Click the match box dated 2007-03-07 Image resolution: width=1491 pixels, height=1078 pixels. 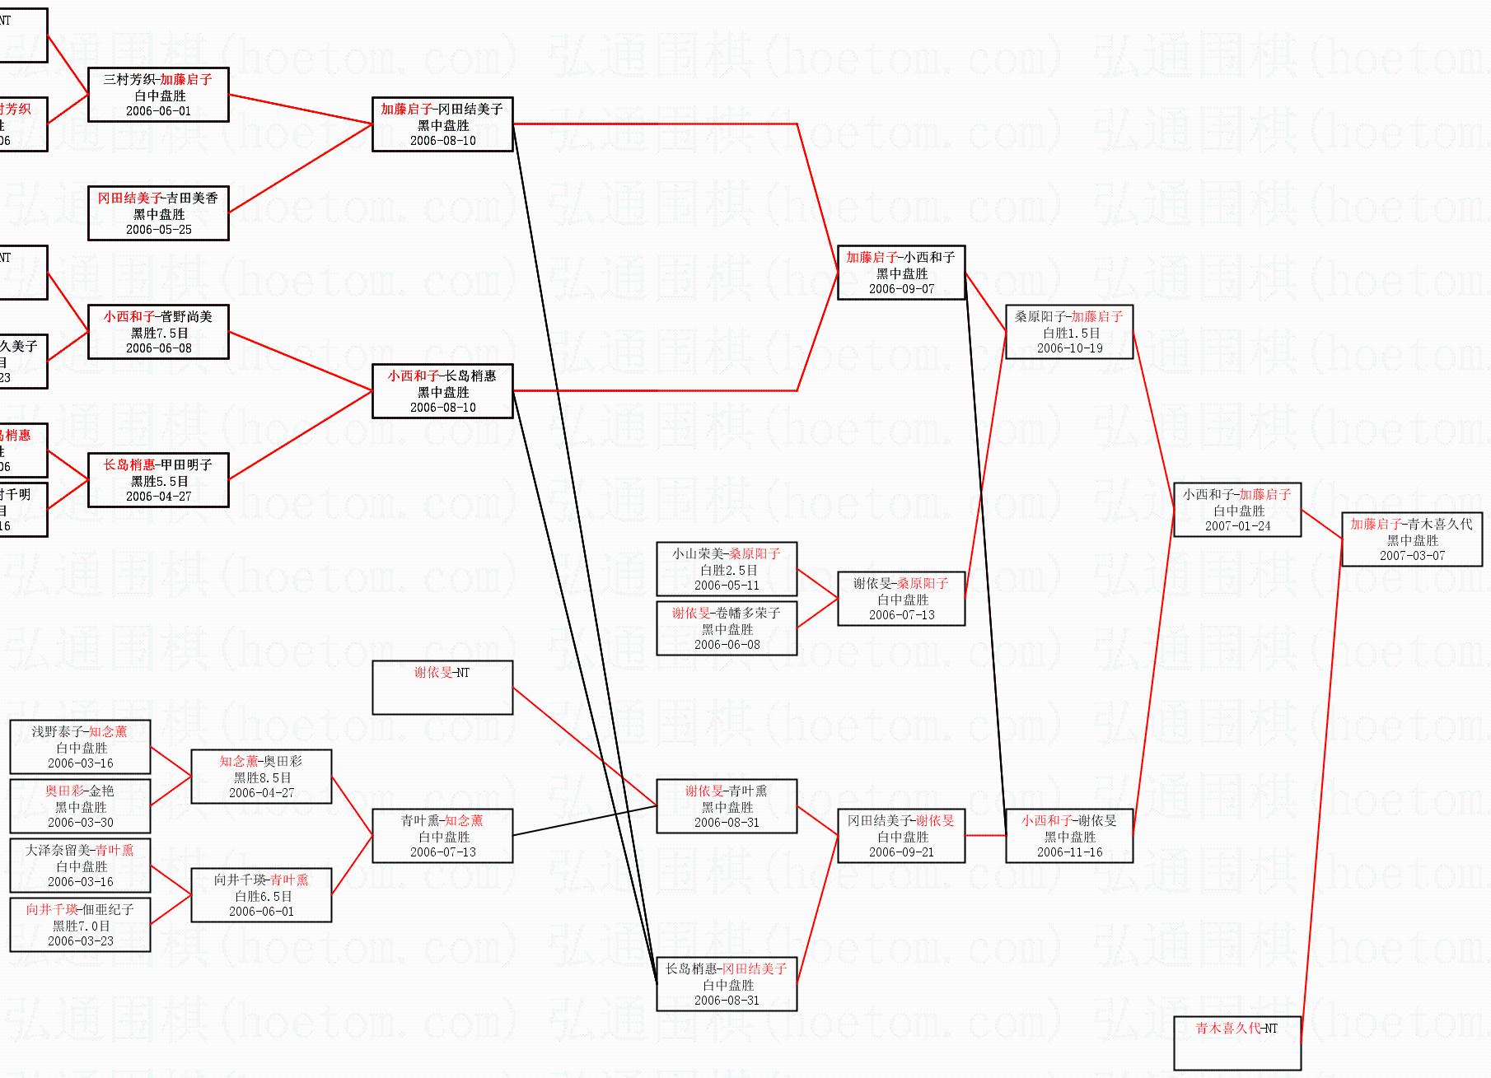click(x=1411, y=539)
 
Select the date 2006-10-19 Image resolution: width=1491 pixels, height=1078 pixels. click(x=1069, y=348)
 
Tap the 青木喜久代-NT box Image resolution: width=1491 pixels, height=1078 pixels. click(x=1236, y=1042)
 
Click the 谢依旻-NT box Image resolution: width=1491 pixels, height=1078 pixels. click(x=442, y=687)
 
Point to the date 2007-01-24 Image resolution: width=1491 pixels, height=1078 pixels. click(x=1237, y=526)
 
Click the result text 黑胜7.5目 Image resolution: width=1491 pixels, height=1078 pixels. click(x=159, y=333)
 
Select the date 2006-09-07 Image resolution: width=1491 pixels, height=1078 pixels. click(x=901, y=289)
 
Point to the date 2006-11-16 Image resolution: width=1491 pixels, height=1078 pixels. click(x=1069, y=852)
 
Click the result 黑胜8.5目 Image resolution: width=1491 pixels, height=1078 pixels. click(x=262, y=777)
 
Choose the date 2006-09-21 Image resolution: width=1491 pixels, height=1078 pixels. click(x=901, y=852)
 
